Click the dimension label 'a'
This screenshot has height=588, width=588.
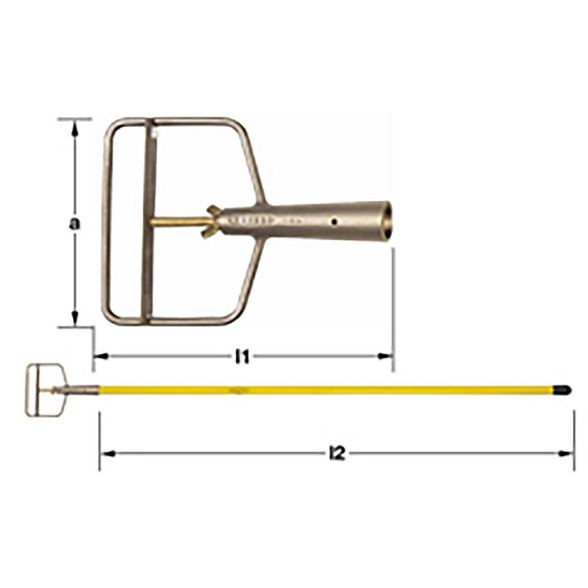[75, 223]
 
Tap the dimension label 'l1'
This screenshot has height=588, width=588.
[242, 358]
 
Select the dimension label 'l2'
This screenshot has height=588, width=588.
[337, 454]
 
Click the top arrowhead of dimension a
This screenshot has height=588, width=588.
[75, 128]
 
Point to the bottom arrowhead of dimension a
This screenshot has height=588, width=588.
[75, 318]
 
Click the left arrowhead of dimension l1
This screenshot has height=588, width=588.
[101, 356]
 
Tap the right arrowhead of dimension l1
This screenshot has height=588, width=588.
[385, 356]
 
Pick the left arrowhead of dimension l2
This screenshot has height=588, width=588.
[108, 454]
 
